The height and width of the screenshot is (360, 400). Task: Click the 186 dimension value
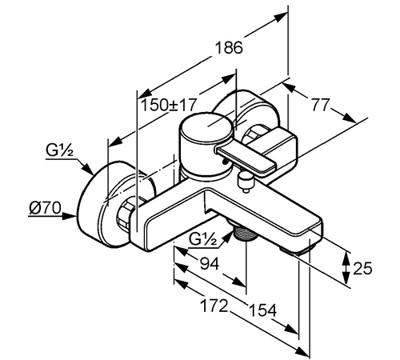tap(229, 47)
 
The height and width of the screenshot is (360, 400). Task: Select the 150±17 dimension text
tap(169, 105)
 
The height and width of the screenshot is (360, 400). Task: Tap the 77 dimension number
tap(321, 105)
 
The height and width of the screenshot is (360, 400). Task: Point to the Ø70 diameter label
tap(45, 208)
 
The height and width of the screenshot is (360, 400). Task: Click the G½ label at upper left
tap(59, 150)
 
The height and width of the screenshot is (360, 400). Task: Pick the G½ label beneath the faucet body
tap(202, 240)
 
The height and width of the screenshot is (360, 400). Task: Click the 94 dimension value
tap(210, 264)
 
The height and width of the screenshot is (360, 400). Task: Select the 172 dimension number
tap(214, 306)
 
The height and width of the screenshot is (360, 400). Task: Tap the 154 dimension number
tap(262, 310)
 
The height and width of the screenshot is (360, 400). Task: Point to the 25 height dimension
tap(362, 268)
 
